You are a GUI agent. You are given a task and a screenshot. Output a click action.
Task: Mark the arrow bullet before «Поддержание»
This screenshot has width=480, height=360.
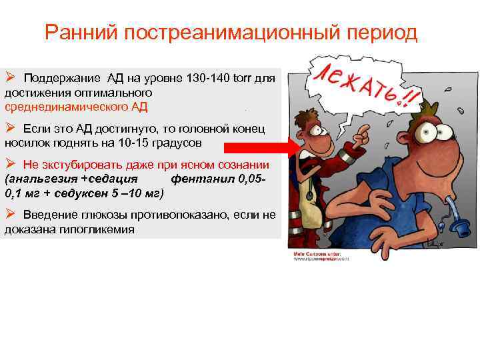(10, 77)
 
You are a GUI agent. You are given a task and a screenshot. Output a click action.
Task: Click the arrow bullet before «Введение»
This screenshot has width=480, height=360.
(10, 213)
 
